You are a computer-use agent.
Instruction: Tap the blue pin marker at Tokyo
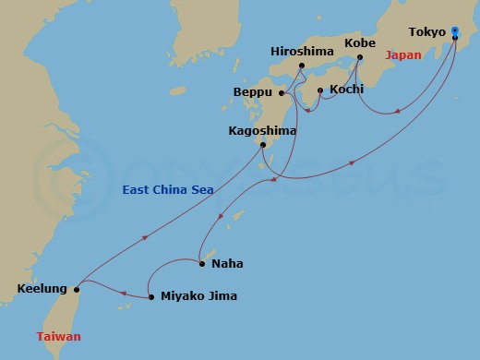point(454,32)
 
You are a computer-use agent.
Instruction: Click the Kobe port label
point(359,42)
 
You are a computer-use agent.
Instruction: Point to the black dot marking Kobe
point(359,57)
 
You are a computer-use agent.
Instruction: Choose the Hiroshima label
point(301,51)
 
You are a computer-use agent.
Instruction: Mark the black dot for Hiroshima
point(302,65)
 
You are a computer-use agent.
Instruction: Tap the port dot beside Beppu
point(282,92)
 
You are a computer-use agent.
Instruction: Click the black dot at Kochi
point(320,90)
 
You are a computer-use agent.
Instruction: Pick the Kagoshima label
point(262,131)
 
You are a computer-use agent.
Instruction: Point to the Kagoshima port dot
point(263,145)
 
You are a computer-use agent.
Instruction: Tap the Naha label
point(227,264)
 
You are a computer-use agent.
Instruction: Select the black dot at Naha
point(202,264)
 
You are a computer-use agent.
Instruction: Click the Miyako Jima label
point(198,297)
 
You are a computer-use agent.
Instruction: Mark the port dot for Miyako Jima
point(150,297)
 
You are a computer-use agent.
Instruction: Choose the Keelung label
point(42,290)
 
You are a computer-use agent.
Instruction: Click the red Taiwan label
point(59,337)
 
